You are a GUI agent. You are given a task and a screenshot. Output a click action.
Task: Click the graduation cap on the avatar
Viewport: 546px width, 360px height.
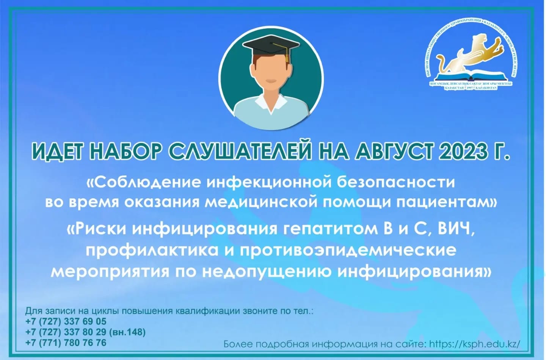click(x=270, y=45)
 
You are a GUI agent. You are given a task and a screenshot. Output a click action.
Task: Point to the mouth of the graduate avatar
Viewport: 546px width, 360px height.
click(x=271, y=81)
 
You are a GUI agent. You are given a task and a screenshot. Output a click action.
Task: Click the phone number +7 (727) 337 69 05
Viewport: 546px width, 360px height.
click(x=66, y=321)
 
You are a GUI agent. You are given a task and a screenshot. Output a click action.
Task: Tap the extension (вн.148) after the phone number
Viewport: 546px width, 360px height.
click(x=127, y=332)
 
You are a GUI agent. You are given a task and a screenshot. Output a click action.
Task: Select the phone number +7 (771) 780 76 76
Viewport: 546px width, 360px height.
click(x=66, y=343)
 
